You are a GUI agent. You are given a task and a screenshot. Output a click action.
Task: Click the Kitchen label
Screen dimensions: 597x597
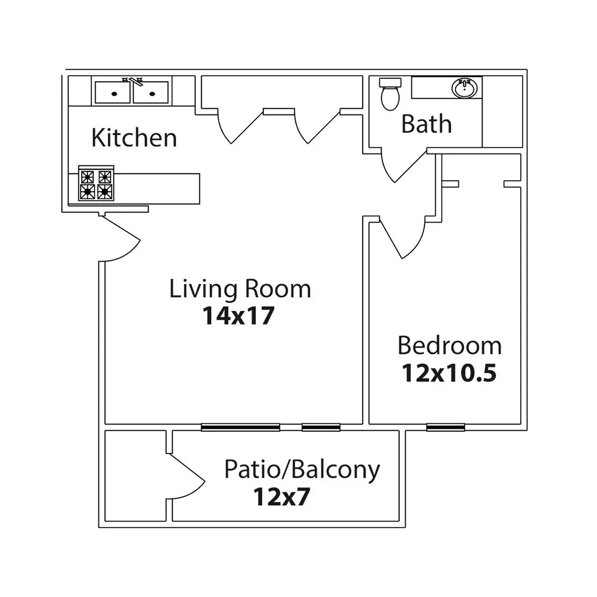(x=134, y=137)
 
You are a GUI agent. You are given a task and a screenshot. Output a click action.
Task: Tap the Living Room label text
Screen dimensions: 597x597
(x=240, y=289)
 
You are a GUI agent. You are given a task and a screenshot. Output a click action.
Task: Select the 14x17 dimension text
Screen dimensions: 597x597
(x=238, y=316)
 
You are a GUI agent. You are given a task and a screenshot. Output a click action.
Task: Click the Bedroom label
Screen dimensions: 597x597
(x=449, y=346)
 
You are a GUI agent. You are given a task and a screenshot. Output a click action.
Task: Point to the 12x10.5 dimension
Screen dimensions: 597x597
(x=449, y=373)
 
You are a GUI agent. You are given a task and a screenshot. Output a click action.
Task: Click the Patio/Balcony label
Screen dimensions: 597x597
(x=302, y=470)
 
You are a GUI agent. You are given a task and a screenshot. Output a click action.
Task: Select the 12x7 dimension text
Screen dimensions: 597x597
(x=281, y=497)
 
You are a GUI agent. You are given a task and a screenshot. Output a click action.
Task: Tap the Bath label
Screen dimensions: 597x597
(x=426, y=124)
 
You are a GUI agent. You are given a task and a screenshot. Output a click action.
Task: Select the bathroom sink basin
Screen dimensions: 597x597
(x=464, y=88)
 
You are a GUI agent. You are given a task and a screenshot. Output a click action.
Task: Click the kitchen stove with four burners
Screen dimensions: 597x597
(x=96, y=184)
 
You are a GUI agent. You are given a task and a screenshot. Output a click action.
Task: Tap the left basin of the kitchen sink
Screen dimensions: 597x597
(x=113, y=93)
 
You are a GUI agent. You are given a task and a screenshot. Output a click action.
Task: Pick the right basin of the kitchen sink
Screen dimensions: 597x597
(x=150, y=93)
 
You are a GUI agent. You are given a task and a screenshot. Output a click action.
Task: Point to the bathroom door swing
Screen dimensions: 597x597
(x=401, y=166)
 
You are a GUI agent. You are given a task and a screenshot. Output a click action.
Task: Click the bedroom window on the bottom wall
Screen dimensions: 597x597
(x=446, y=427)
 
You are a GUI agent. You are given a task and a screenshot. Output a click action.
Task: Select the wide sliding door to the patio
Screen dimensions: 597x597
(x=240, y=427)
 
